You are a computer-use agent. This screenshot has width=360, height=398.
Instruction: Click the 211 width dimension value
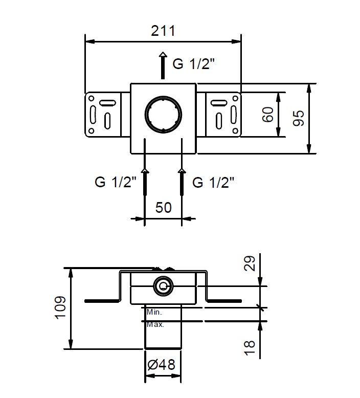click(x=163, y=31)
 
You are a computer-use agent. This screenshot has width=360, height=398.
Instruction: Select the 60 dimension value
click(x=267, y=115)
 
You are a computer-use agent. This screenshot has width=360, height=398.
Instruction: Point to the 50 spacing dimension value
click(x=163, y=208)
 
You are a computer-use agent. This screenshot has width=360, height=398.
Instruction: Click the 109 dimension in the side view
click(x=60, y=307)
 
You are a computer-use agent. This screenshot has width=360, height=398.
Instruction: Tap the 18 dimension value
click(x=251, y=346)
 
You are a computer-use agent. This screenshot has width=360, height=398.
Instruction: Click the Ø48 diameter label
click(x=161, y=365)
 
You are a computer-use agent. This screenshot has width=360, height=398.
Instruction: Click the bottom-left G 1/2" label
click(x=116, y=182)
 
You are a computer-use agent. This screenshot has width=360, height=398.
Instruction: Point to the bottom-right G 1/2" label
click(x=213, y=182)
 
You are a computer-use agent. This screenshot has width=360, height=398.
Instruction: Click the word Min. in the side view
click(x=154, y=312)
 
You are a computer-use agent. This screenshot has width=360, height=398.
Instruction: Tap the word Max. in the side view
click(x=155, y=324)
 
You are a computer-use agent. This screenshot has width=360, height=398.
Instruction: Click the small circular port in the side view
click(x=164, y=287)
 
